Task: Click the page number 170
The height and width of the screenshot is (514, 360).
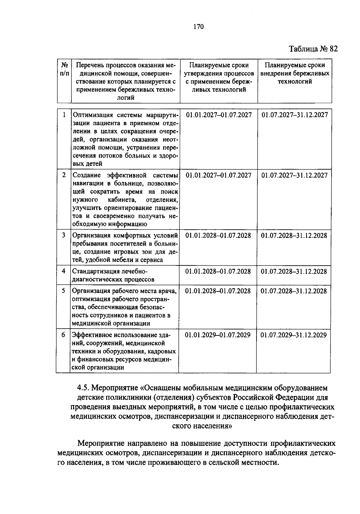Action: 199,27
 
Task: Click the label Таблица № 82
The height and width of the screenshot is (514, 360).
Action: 313,49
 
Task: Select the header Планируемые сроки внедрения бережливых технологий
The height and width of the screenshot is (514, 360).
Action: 295,73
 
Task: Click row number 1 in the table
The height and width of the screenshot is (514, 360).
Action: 64,115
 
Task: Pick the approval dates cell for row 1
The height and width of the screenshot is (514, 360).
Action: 219,115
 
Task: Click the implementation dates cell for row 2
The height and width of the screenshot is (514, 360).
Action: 294,175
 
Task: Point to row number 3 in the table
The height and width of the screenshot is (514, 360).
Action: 64,235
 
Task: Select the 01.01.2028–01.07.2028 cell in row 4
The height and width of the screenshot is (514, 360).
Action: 218,271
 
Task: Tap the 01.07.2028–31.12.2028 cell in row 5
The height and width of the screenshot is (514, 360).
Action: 294,291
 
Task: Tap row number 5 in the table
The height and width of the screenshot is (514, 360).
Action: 63,291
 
